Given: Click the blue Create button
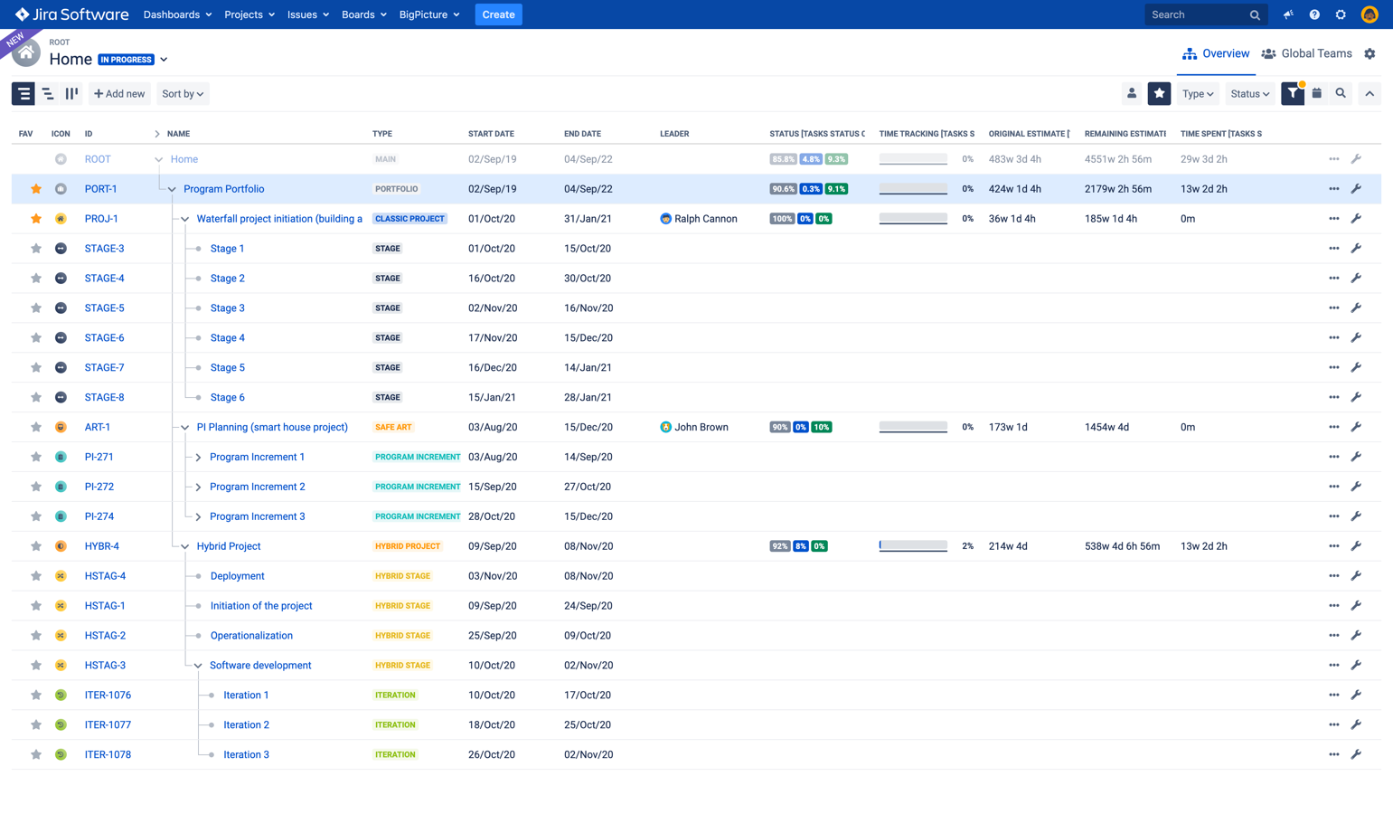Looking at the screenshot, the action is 498,14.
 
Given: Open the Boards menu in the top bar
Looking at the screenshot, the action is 363,14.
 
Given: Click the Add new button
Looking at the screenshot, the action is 119,93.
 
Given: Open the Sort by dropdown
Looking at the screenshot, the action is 183,93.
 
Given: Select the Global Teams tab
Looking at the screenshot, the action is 1307,53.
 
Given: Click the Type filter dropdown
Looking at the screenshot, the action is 1198,93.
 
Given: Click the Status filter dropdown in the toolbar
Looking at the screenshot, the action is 1249,93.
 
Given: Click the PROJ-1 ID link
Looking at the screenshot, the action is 101,219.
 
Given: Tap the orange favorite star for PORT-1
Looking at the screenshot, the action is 36,189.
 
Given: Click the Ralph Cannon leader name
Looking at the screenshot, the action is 705,219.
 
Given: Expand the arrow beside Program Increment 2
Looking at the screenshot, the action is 198,487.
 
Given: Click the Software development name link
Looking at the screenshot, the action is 260,665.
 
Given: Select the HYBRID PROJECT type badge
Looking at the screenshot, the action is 408,546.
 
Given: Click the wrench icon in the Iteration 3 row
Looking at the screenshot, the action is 1356,754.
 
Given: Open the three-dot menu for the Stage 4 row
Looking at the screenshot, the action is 1333,337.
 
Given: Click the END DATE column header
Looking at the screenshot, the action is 582,134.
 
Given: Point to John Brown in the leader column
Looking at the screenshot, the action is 701,427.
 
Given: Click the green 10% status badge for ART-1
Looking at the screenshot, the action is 821,427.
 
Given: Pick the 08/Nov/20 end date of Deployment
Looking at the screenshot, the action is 588,576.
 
